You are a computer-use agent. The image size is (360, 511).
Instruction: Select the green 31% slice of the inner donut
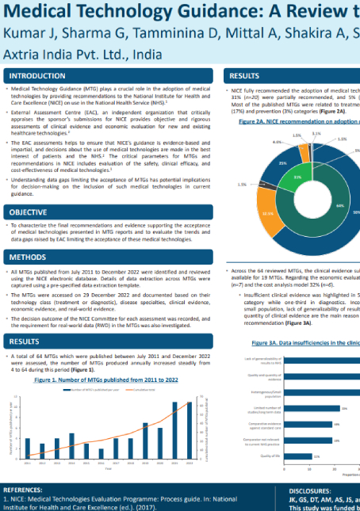pyautogui.click(x=297, y=177)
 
